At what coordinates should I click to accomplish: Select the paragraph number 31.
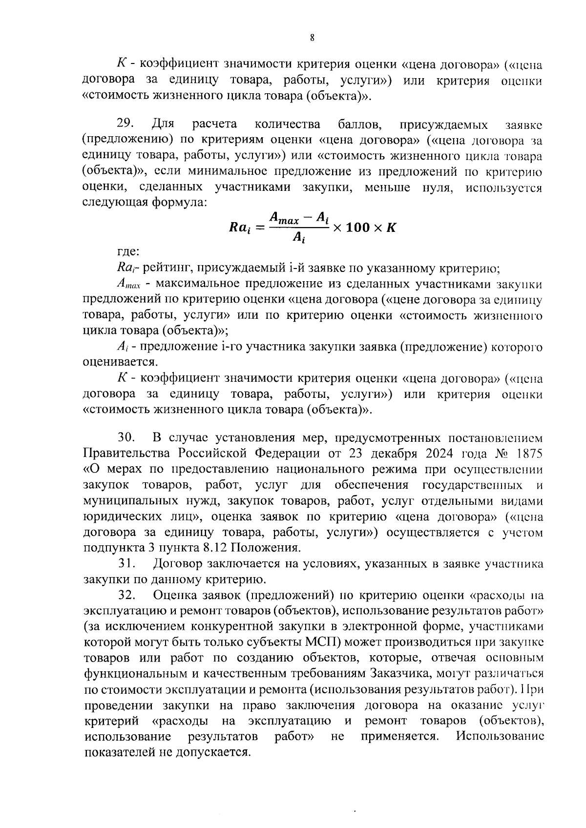point(126,564)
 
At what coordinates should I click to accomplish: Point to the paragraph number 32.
point(126,595)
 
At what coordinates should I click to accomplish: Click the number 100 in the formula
point(360,228)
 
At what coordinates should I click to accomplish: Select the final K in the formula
point(391,228)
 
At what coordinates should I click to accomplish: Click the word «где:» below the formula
point(128,252)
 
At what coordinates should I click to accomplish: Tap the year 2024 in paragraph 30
point(441,453)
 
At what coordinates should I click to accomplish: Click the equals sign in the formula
point(259,228)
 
